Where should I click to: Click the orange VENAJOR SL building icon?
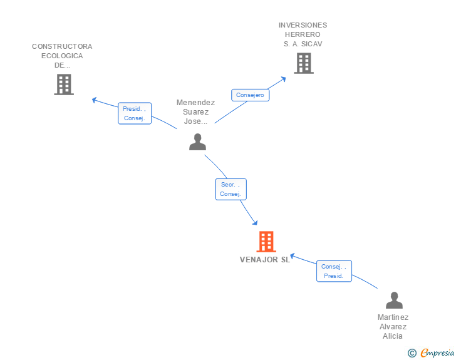(x=266, y=242)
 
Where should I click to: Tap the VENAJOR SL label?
(x=265, y=260)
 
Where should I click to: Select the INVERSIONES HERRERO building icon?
(x=304, y=63)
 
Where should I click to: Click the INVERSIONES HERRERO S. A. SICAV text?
(x=303, y=34)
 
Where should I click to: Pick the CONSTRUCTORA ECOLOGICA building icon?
(x=64, y=85)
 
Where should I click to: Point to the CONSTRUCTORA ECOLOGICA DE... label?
(x=62, y=56)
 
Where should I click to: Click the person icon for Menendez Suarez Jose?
(x=197, y=142)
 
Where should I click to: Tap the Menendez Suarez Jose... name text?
(x=195, y=112)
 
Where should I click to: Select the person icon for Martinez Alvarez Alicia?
(x=394, y=301)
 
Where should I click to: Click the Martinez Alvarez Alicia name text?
(x=393, y=327)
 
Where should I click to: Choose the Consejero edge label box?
(x=251, y=95)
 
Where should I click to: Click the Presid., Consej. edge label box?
(x=135, y=113)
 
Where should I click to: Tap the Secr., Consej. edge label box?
(x=231, y=189)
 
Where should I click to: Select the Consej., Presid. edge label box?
(x=334, y=271)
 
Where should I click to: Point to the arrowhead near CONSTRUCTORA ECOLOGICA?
(x=95, y=100)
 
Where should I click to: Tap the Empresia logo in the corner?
(x=437, y=353)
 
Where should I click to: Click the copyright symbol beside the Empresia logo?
(x=412, y=353)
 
